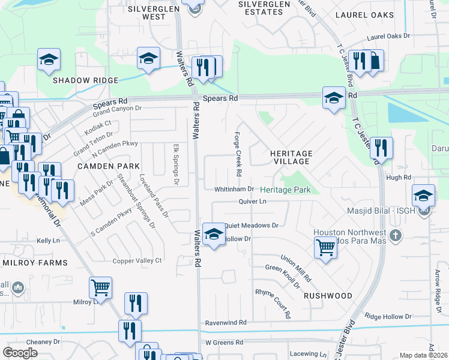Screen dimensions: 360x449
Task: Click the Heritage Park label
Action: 285,190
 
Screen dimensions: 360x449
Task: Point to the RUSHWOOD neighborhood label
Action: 328,296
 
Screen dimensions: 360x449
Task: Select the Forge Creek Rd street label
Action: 238,154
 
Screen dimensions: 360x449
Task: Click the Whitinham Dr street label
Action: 235,190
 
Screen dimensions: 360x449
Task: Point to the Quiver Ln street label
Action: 252,202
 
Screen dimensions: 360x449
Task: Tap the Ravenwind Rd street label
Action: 226,322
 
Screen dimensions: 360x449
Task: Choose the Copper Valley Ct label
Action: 138,260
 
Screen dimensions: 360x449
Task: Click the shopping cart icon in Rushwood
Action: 325,247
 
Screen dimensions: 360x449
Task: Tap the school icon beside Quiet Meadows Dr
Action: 212,235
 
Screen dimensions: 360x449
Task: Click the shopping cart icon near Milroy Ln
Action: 100,287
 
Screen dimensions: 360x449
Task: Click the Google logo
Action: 20,353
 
